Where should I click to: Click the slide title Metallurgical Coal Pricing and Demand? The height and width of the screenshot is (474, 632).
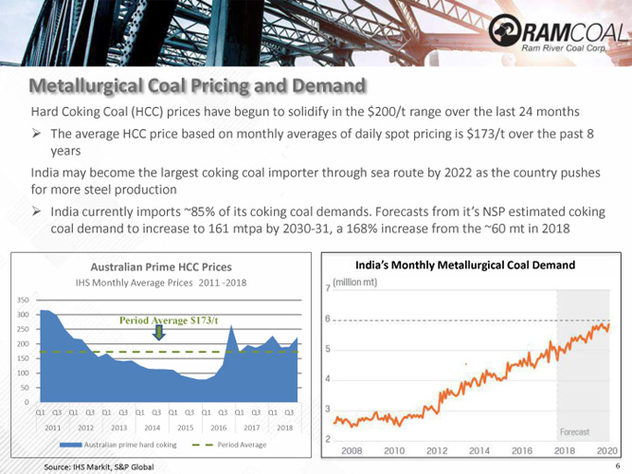click(197, 87)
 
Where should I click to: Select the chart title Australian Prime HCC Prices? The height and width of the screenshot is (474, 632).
click(160, 266)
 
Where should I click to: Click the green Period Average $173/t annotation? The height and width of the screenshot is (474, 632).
click(169, 320)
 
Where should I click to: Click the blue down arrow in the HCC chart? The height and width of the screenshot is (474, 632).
click(159, 333)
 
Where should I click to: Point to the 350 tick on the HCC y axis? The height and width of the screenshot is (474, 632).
click(21, 299)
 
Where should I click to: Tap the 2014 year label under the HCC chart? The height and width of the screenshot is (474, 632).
click(153, 428)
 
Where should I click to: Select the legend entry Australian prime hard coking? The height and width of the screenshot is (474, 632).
click(131, 445)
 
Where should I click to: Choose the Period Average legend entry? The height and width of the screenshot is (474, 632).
click(242, 445)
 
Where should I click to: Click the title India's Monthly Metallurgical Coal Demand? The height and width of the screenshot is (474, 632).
click(464, 265)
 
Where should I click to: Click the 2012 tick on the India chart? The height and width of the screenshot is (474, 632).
click(436, 449)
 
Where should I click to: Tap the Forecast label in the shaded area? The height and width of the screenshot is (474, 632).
click(574, 432)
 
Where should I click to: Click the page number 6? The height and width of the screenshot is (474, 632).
click(617, 466)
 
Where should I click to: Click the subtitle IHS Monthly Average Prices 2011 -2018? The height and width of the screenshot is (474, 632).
click(160, 283)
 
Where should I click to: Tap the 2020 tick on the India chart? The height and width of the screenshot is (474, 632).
click(607, 449)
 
